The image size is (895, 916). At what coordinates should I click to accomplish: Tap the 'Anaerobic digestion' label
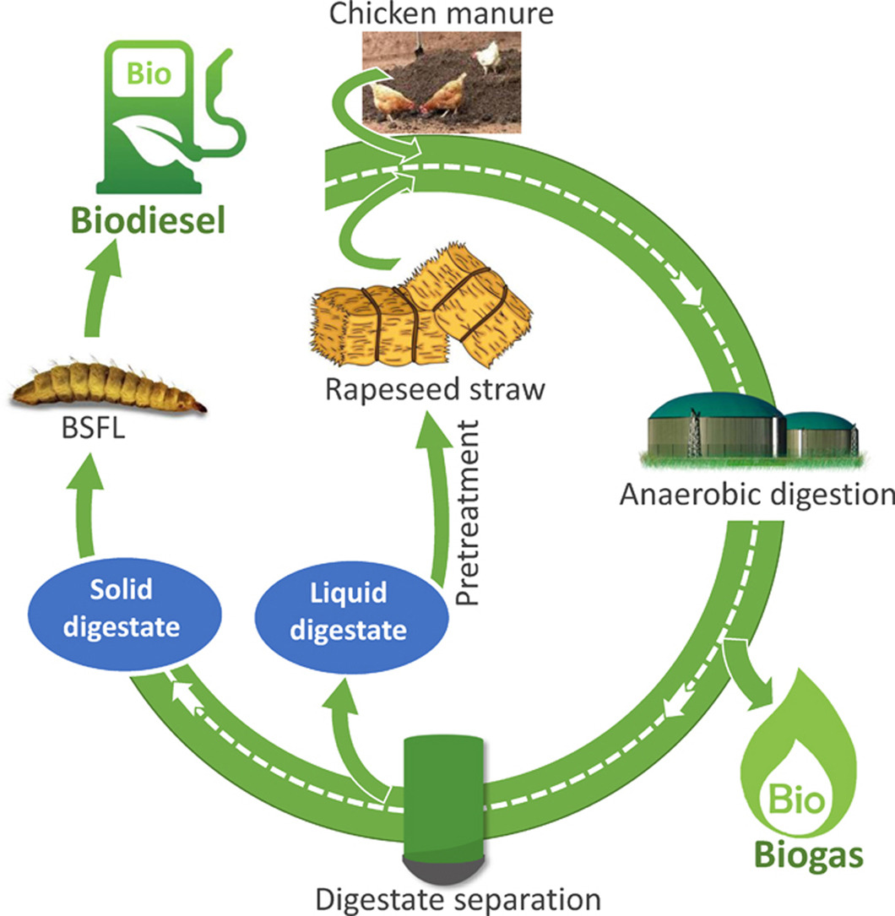756,493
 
